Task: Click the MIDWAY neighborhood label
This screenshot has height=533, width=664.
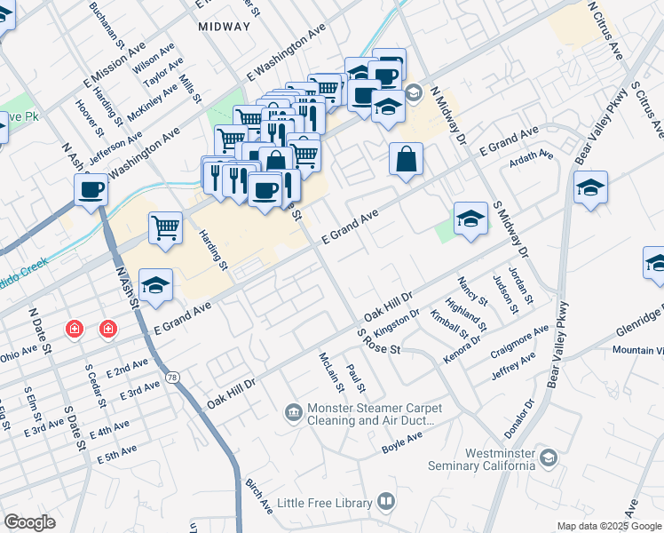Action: click(225, 27)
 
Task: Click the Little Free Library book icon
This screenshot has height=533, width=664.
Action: click(385, 503)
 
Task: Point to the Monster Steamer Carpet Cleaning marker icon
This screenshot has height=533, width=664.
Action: click(293, 412)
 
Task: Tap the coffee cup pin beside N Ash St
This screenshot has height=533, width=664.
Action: click(91, 189)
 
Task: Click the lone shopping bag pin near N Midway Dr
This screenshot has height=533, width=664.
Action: click(406, 159)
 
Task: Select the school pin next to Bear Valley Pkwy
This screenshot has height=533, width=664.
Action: click(590, 187)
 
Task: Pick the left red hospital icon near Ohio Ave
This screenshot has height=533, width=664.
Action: click(75, 330)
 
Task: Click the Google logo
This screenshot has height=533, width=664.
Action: click(29, 522)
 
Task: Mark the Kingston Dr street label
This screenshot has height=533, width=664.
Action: click(397, 322)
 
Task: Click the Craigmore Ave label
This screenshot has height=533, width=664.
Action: click(519, 344)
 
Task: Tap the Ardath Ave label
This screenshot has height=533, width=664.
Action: click(530, 158)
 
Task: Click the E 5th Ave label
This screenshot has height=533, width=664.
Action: click(117, 453)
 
